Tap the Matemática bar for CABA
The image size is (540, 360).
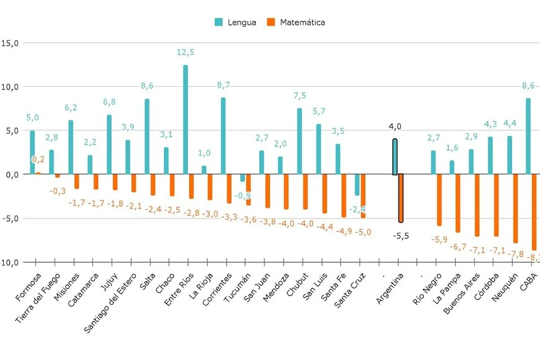[534, 211]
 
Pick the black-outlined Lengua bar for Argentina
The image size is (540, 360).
[395, 157]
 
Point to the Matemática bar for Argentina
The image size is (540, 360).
[401, 198]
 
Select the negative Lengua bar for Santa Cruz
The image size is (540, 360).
[357, 185]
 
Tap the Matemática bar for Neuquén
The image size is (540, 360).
[515, 208]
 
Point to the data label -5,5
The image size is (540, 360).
[401, 236]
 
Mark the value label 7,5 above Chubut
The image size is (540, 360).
[300, 96]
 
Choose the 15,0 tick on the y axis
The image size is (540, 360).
[10, 43]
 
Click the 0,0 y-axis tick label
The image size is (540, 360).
[11, 174]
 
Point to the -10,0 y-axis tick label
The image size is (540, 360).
[9, 262]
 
